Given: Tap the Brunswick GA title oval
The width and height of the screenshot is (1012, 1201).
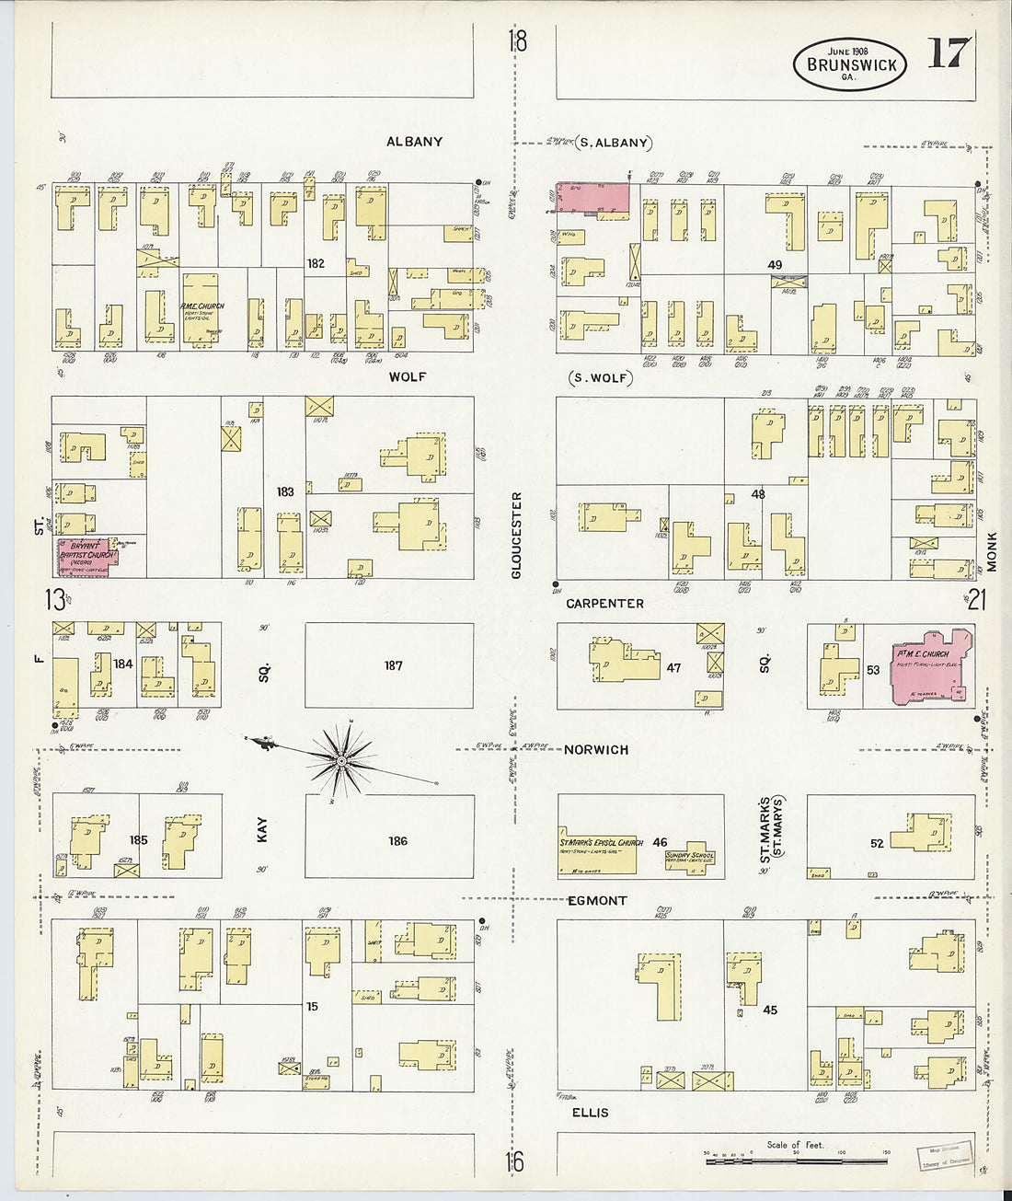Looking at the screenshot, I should click(x=850, y=64).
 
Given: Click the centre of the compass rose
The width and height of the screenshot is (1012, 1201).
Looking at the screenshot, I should click(x=341, y=761).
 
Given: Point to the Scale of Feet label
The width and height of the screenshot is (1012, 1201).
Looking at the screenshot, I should click(x=796, y=1145).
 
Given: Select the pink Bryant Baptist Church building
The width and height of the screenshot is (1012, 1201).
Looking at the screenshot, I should click(x=86, y=556).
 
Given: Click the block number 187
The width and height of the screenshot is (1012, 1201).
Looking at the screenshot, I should click(x=394, y=665).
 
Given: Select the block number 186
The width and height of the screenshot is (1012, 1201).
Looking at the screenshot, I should click(x=397, y=840).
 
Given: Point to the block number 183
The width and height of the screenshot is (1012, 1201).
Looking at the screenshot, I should click(x=285, y=491).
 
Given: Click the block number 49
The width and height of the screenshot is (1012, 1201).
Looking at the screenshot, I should click(x=775, y=265).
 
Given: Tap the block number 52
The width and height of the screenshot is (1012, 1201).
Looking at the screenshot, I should click(x=876, y=843).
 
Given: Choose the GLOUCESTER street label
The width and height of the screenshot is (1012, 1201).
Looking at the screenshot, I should click(x=516, y=535).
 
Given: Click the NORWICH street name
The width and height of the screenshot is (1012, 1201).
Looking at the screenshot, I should click(x=596, y=750).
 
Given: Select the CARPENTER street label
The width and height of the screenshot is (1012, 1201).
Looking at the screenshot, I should click(x=604, y=604).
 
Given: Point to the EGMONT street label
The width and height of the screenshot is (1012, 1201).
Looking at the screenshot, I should click(x=597, y=900).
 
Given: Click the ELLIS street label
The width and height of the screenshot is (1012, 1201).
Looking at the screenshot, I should click(x=590, y=1113).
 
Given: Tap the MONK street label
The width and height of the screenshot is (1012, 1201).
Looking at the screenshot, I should click(x=992, y=551).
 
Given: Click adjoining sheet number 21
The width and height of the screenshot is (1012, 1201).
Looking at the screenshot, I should click(x=976, y=601).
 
